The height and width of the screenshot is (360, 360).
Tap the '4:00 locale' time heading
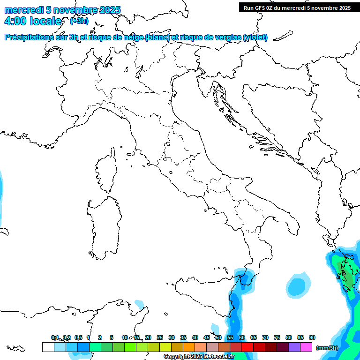click(32, 22)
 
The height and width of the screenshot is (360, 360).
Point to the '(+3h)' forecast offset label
click(79, 21)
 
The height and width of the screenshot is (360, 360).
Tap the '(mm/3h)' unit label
click(327, 348)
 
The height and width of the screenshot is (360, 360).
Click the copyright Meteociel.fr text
click(199, 356)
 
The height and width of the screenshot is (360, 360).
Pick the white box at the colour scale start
click(48, 347)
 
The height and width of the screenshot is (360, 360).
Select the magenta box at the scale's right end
click(306, 347)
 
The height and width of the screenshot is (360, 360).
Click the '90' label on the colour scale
click(312, 337)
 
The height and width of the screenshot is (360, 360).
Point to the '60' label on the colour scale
click(242, 337)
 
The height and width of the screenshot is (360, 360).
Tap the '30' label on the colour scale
click(172, 337)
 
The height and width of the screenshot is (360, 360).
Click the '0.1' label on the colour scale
click(55, 337)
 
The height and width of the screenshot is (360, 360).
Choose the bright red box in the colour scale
click(247, 347)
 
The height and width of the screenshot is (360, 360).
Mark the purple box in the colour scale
click(294, 347)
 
